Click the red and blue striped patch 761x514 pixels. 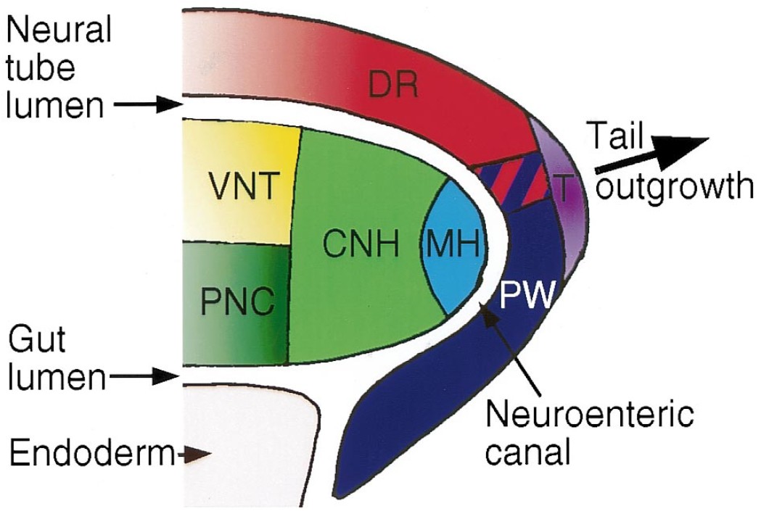[508, 181]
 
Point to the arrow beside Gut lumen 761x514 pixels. [144, 376]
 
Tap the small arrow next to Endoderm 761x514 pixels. [194, 454]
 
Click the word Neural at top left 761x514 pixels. [57, 30]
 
